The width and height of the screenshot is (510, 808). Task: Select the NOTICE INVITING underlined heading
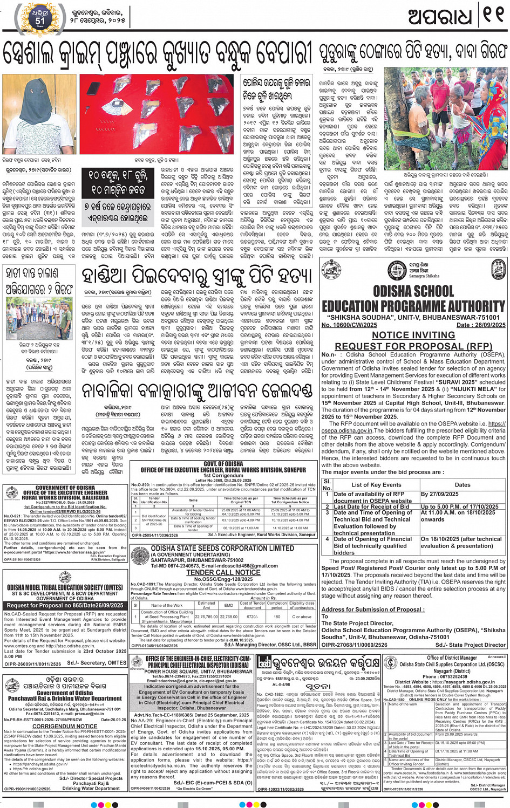click(x=413, y=335)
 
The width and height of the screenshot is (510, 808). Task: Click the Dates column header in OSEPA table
click(x=462, y=484)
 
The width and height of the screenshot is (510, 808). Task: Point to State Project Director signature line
click(x=470, y=645)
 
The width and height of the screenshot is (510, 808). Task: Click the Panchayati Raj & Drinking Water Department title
click(x=65, y=698)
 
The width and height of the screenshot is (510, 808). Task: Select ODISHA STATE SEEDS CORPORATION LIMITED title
click(x=222, y=549)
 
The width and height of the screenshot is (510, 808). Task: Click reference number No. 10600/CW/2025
click(x=349, y=325)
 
